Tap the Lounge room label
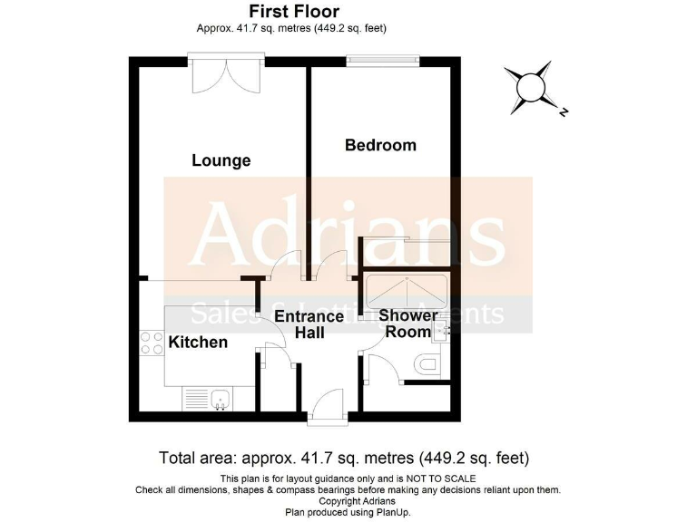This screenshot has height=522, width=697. click(221, 160)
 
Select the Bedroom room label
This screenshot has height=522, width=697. click(380, 145)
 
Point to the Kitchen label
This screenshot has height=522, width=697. click(198, 343)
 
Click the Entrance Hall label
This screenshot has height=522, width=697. click(309, 324)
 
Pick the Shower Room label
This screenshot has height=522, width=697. click(407, 324)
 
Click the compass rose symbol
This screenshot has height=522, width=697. click(528, 88)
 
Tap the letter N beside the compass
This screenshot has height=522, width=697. click(564, 113)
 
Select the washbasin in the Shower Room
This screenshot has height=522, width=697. click(442, 331)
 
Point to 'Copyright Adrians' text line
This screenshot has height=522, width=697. click(348, 500)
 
